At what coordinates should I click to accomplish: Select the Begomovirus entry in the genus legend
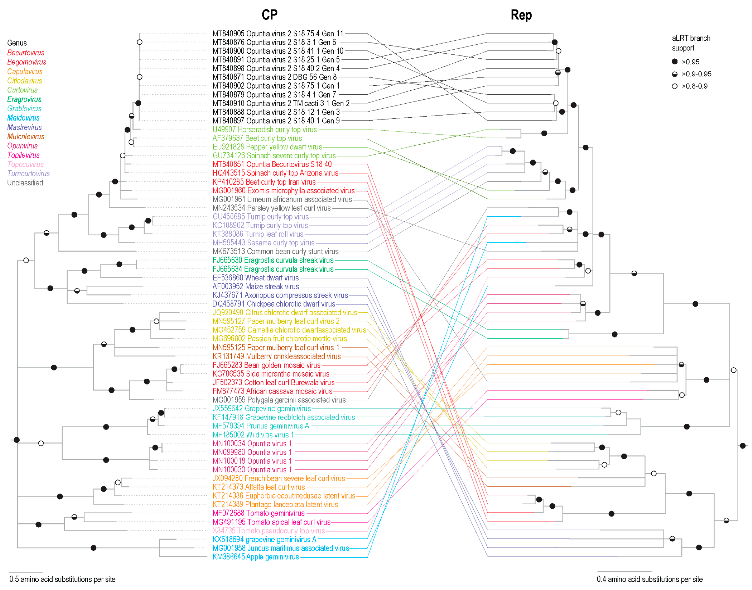point(27,62)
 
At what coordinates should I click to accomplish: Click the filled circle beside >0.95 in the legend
point(674,62)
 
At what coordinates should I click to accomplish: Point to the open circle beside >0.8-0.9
point(674,86)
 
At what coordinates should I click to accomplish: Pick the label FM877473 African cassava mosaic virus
point(272,391)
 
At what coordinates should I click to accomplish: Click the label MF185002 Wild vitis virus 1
point(253,435)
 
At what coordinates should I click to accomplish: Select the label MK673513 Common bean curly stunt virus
point(275,252)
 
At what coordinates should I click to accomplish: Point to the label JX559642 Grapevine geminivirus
point(262,409)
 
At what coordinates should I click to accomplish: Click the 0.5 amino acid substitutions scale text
point(62,579)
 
